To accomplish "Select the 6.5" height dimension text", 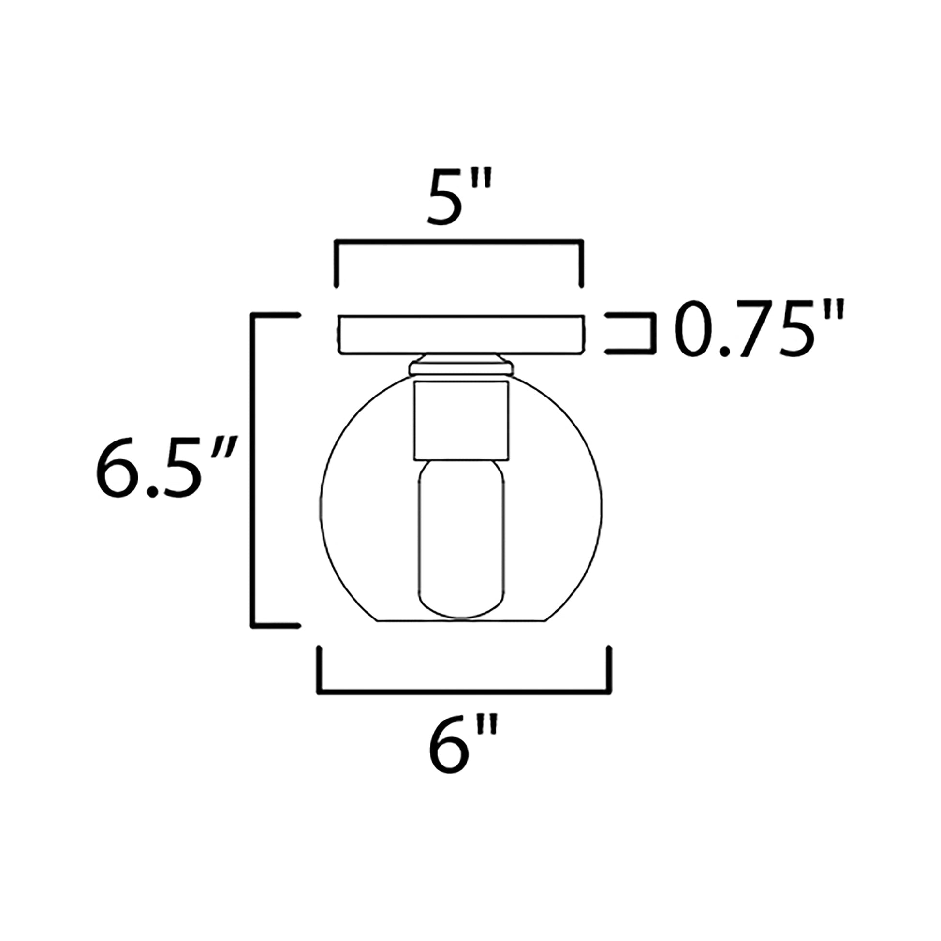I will (x=165, y=467).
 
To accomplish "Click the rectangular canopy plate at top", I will (x=461, y=334).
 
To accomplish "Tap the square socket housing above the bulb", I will (x=461, y=421).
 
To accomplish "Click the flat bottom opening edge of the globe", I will (x=461, y=620).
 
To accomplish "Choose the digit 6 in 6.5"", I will (x=117, y=467).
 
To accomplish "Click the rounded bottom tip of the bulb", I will (x=461, y=615).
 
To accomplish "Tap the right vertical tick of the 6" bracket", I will (x=609, y=670).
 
